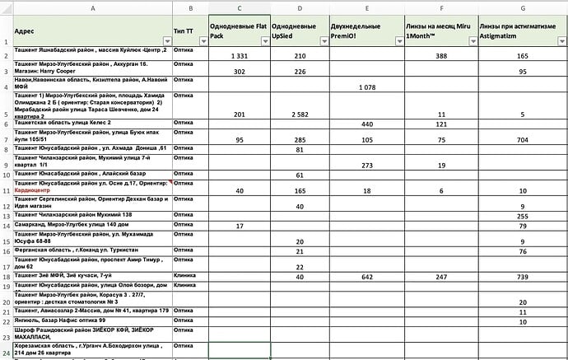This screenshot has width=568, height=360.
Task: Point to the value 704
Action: (523, 140)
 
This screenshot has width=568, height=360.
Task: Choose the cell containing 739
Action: (523, 277)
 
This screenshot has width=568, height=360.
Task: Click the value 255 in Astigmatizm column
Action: (523, 216)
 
